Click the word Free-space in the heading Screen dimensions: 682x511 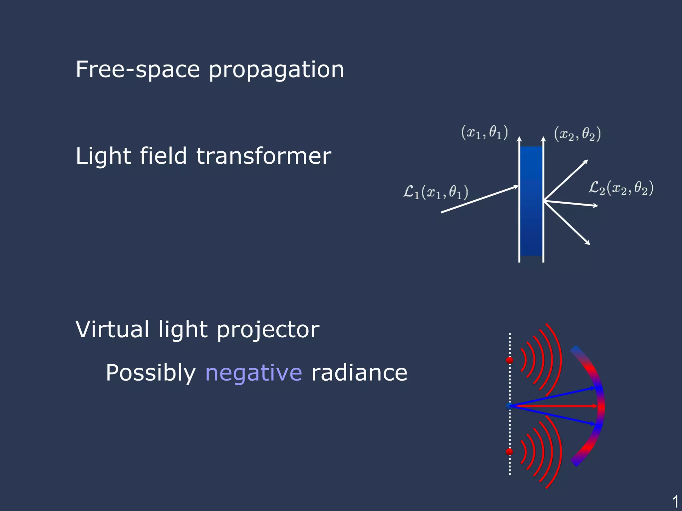(x=138, y=70)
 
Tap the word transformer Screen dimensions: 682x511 (x=263, y=156)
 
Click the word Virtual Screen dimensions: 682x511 (x=112, y=329)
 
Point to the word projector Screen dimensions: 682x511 (x=268, y=330)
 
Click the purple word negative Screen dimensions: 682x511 (x=253, y=373)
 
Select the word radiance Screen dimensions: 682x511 (x=359, y=373)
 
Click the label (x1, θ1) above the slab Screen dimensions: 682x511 (x=485, y=132)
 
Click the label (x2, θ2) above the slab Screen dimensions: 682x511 (x=577, y=134)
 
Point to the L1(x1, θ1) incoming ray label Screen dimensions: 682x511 (x=436, y=192)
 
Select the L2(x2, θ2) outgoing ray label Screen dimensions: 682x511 (x=621, y=188)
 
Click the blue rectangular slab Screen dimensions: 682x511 (x=531, y=201)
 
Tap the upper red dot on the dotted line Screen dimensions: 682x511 (x=510, y=360)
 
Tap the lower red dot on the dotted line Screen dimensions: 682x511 (x=510, y=452)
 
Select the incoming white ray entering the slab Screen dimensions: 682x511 (x=480, y=199)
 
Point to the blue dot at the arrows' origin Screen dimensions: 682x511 (x=509, y=406)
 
